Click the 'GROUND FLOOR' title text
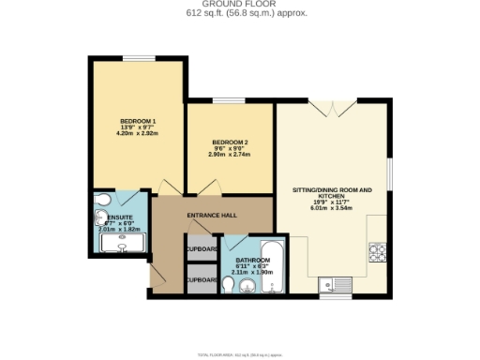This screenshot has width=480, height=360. [239, 5]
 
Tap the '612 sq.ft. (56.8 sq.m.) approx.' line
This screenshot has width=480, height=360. [239, 13]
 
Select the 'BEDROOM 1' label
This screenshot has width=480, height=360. [137, 123]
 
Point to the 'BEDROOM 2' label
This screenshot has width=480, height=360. [229, 143]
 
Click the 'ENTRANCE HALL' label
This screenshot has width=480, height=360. [211, 217]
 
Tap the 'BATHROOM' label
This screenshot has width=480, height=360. [252, 260]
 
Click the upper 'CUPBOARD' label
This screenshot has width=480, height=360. [202, 249]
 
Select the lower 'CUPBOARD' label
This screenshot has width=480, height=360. [202, 279]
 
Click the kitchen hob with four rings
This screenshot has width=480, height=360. [380, 251]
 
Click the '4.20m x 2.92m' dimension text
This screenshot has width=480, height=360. [137, 133]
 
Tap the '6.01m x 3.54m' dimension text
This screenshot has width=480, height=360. [332, 208]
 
